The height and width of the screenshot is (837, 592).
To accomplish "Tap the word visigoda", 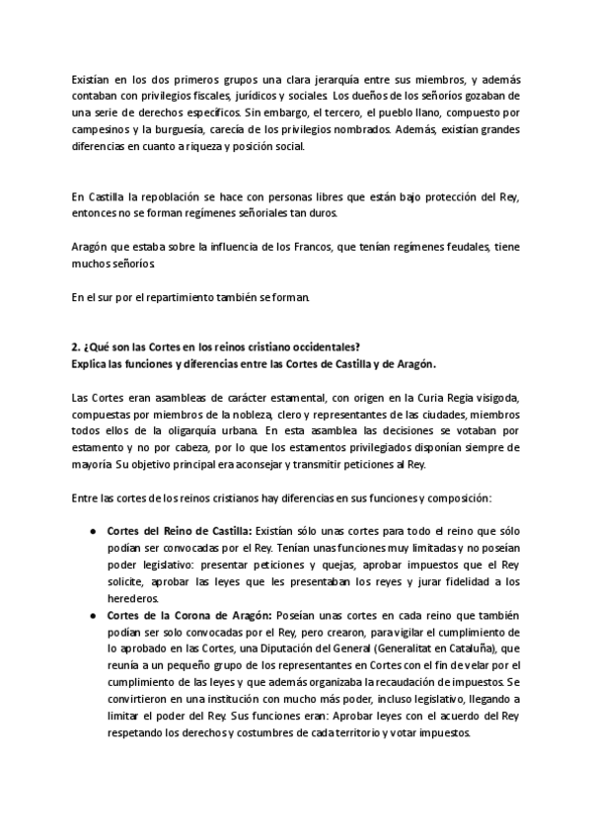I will (x=487, y=398).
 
